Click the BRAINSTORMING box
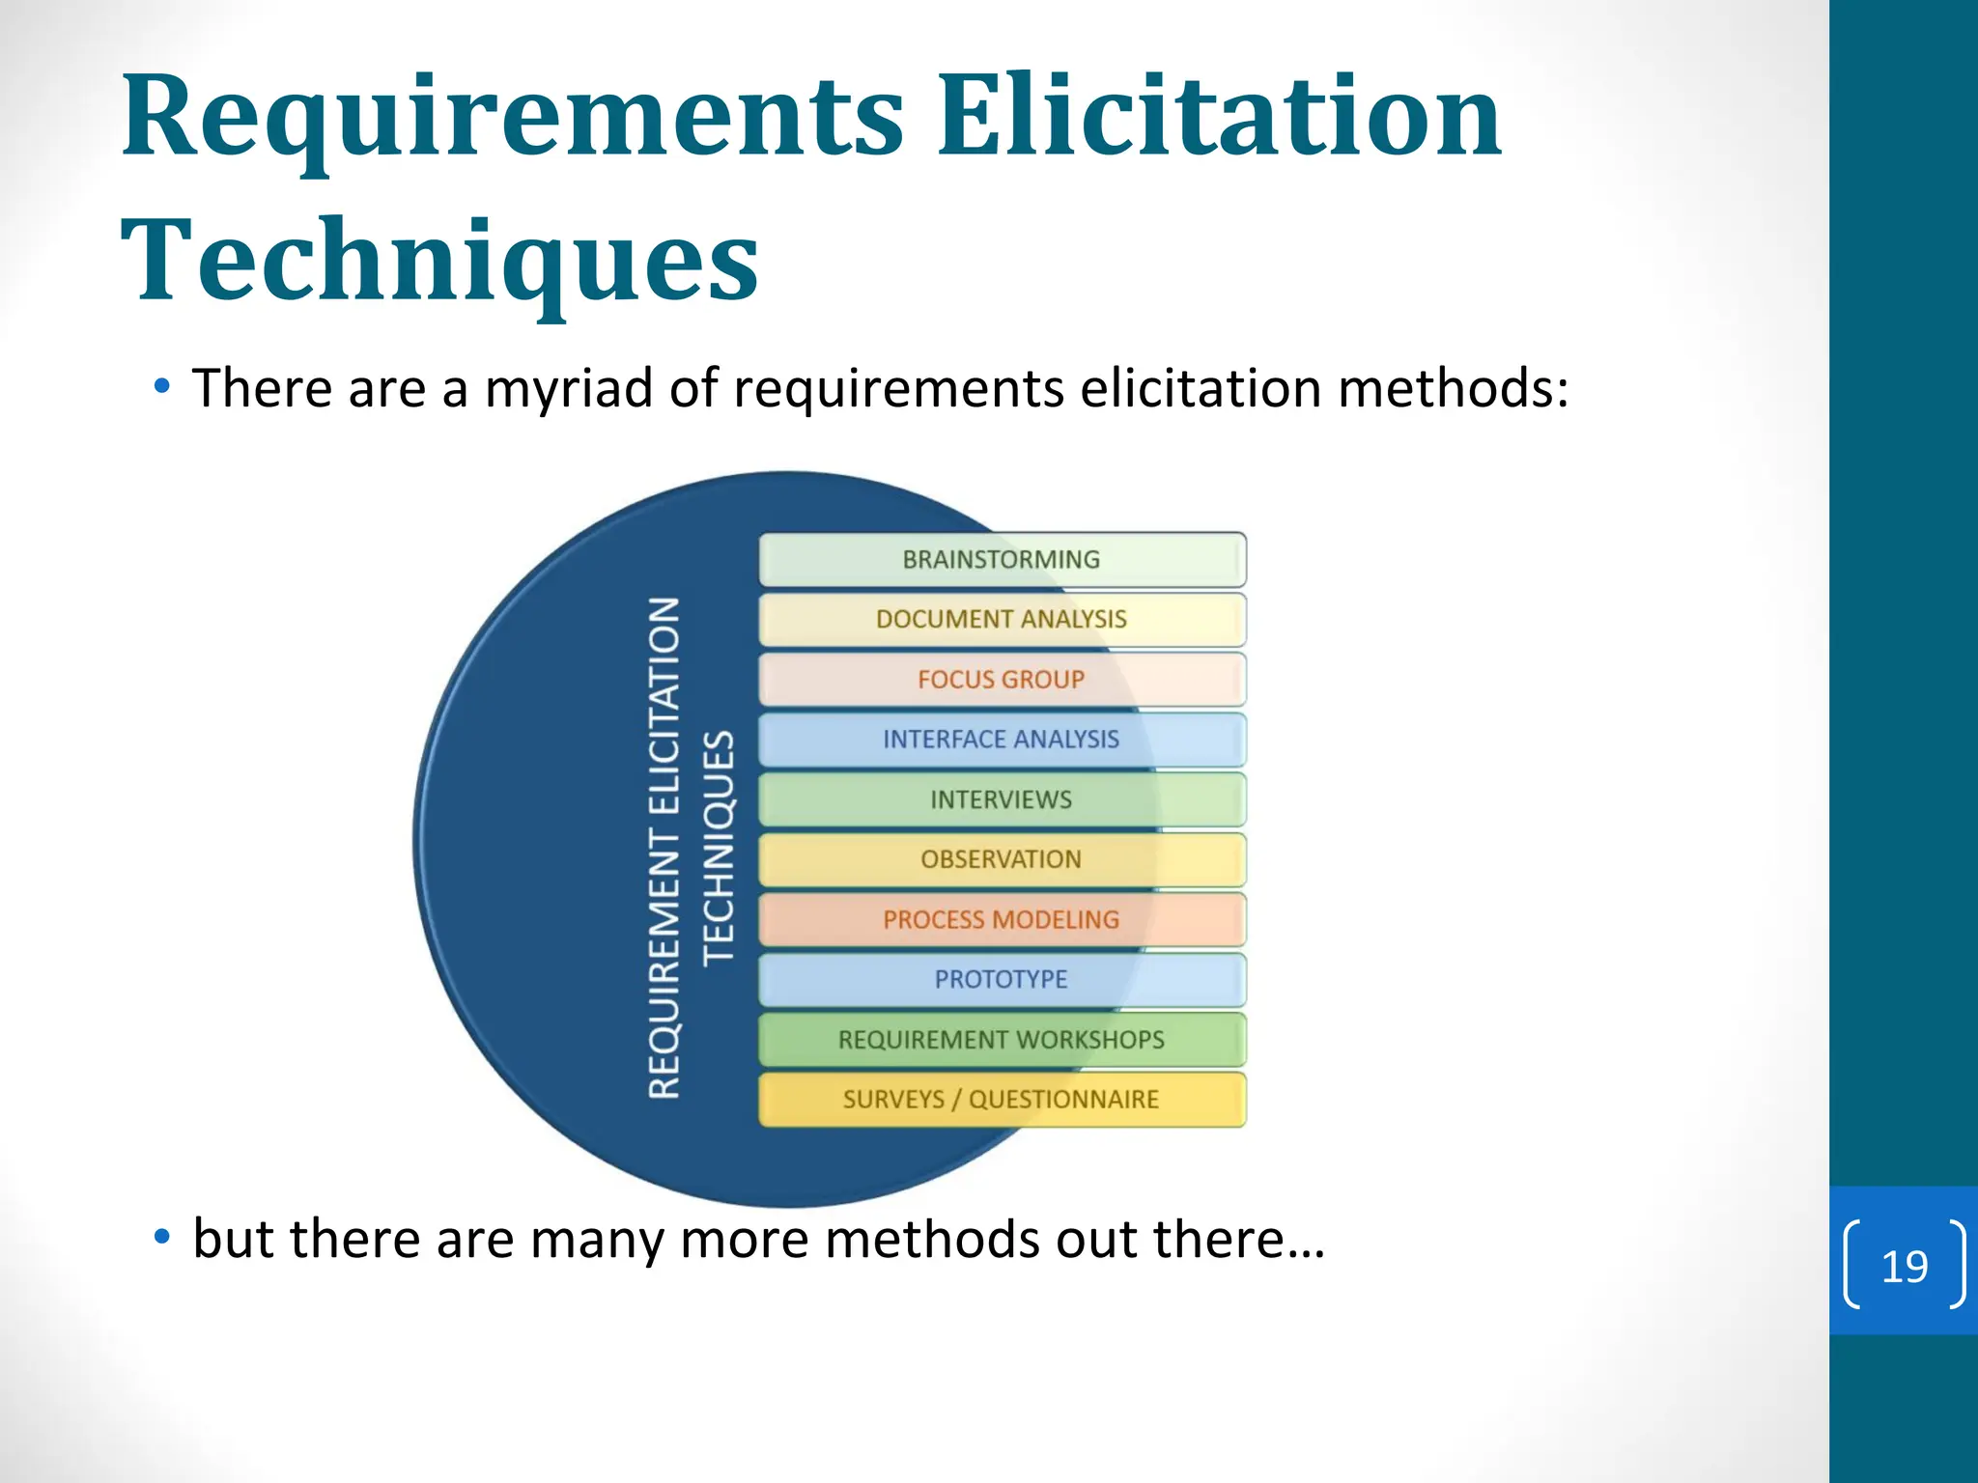coord(1002,559)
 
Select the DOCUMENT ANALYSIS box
coord(1002,619)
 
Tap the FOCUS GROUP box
coord(1002,680)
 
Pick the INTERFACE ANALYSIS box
coord(1002,740)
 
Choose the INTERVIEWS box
coord(1002,799)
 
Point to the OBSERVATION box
coord(1002,859)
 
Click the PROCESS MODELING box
coord(1002,919)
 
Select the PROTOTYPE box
coord(1002,979)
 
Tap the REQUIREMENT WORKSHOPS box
coord(1002,1040)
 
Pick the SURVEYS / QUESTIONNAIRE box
coord(1002,1100)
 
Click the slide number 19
coord(1905,1266)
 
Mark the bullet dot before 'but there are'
coord(162,1236)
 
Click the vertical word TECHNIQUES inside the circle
coord(719,847)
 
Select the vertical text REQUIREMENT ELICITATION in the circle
coord(664,847)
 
